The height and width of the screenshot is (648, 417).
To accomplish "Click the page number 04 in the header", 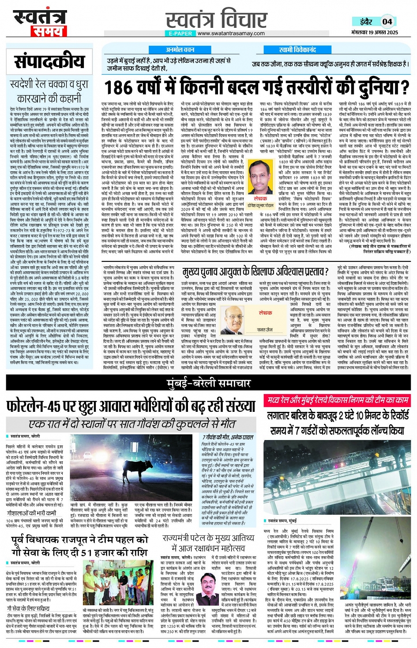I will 387,21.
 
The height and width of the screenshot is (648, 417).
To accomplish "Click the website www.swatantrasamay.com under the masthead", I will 231,33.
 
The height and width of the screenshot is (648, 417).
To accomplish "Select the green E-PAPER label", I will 180,33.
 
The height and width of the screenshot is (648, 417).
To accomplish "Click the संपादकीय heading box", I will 49,61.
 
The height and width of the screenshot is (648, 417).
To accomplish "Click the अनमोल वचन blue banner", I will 180,50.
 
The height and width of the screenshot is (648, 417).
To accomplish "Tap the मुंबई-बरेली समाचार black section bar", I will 208,384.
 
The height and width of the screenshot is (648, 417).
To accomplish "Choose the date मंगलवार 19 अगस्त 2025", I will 375,33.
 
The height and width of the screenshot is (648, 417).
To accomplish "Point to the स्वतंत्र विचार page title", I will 216,19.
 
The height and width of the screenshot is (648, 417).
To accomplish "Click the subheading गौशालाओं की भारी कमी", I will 31,513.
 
